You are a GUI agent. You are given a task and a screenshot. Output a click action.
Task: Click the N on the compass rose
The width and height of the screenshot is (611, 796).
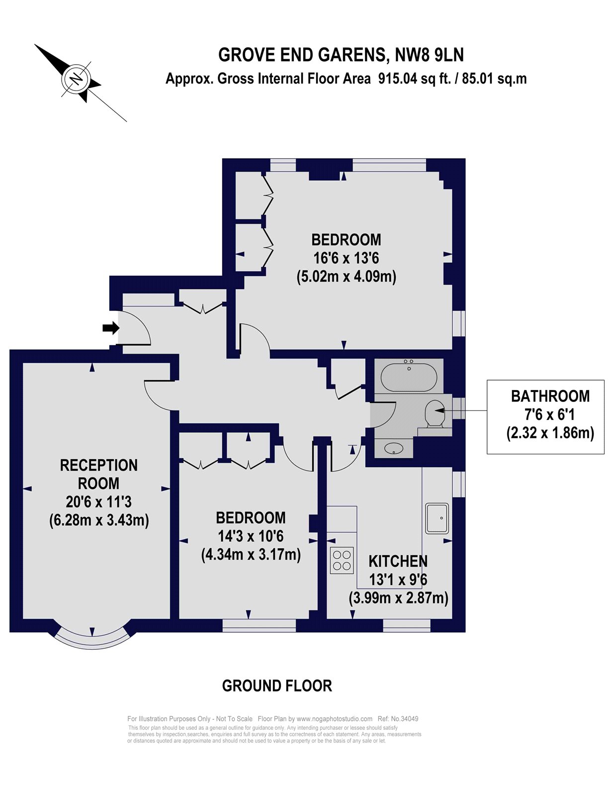pyautogui.click(x=76, y=80)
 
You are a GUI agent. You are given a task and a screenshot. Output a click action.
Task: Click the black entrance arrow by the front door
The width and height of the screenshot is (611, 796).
pyautogui.click(x=111, y=327)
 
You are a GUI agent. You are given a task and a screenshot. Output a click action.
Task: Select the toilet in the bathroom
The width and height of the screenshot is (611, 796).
pyautogui.click(x=435, y=413)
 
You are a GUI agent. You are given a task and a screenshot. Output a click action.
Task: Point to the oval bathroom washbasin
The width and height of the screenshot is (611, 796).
pyautogui.click(x=394, y=448)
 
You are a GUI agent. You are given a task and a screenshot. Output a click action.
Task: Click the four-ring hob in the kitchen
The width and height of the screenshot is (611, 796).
pyautogui.click(x=342, y=560)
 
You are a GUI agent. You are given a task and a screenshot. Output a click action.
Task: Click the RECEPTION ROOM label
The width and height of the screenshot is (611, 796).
pyautogui.click(x=98, y=475)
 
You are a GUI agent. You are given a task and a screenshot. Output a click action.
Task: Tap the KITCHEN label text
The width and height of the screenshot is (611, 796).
pyautogui.click(x=398, y=561)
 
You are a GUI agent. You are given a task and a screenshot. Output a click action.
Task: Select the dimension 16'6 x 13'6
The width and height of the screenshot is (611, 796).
pyautogui.click(x=346, y=258)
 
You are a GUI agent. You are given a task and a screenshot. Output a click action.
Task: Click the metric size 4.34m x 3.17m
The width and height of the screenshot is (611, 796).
pyautogui.click(x=251, y=555)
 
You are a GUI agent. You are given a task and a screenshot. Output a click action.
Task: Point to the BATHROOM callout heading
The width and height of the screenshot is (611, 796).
pyautogui.click(x=550, y=397)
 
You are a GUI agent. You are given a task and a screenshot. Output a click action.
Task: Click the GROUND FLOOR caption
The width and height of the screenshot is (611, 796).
pyautogui.click(x=277, y=686)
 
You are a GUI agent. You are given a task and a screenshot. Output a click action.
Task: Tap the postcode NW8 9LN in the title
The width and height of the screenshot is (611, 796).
pyautogui.click(x=429, y=55)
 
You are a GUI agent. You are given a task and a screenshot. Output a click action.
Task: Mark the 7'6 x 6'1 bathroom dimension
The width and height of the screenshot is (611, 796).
pyautogui.click(x=549, y=415)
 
